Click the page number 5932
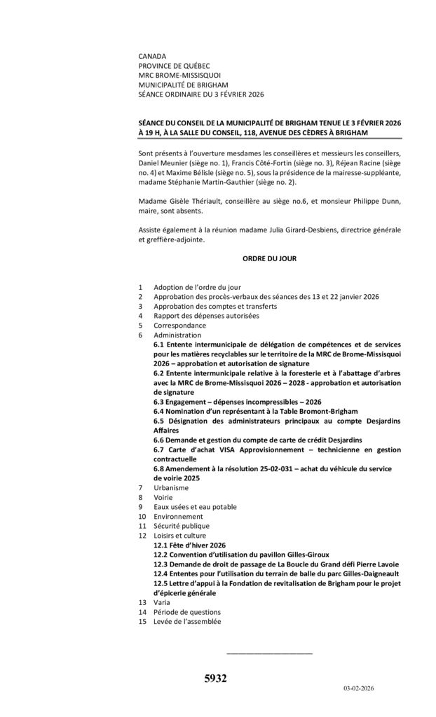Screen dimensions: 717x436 coord(215,678)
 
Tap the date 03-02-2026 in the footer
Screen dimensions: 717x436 coord(358,689)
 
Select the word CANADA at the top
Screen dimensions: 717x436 coord(153,56)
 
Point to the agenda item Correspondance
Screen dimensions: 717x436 coord(179,326)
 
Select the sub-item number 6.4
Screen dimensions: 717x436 coord(159,411)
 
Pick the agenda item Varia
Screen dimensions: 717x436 coord(162,602)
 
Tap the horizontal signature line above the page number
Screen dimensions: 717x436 coord(270,653)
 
